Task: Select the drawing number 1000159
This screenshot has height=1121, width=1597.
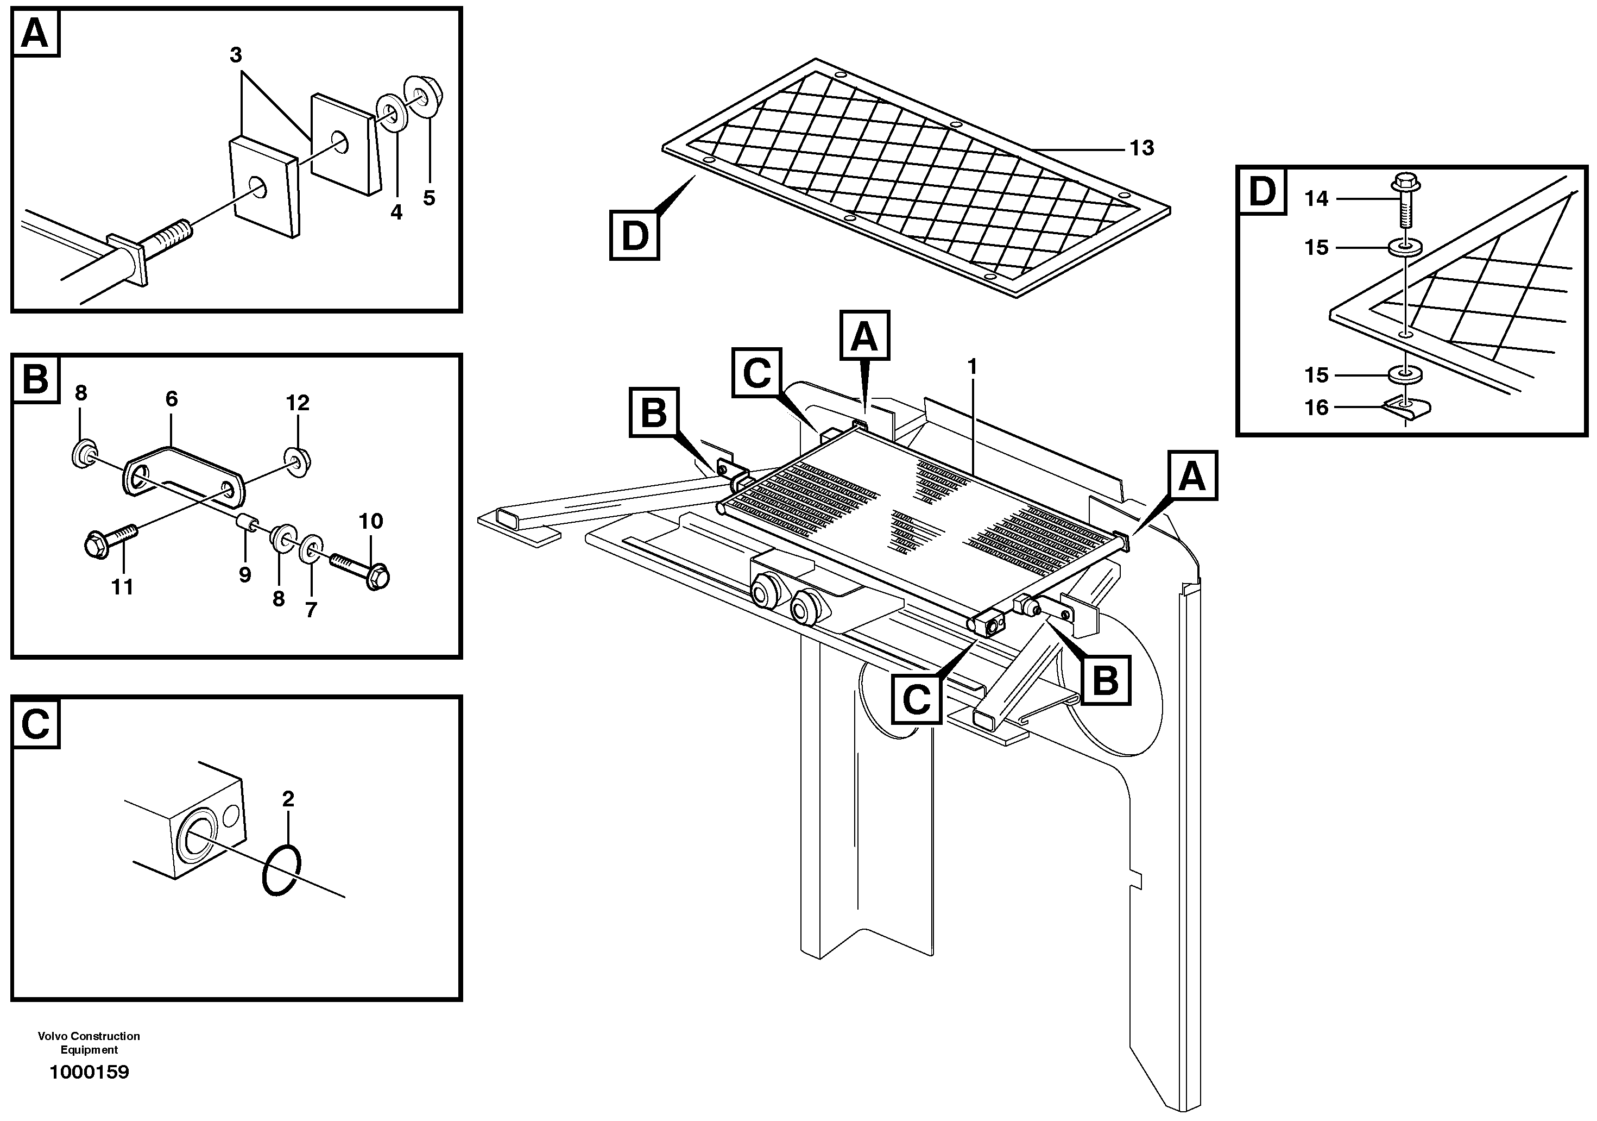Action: coord(89,1072)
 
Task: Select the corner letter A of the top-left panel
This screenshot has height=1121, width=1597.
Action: coord(35,33)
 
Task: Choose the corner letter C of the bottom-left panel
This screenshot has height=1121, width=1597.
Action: coord(35,724)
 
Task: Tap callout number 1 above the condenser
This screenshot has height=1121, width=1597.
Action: coord(973,367)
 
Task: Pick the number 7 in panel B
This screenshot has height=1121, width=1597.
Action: coord(311,610)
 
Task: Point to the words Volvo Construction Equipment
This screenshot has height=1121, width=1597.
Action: coord(89,1042)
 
